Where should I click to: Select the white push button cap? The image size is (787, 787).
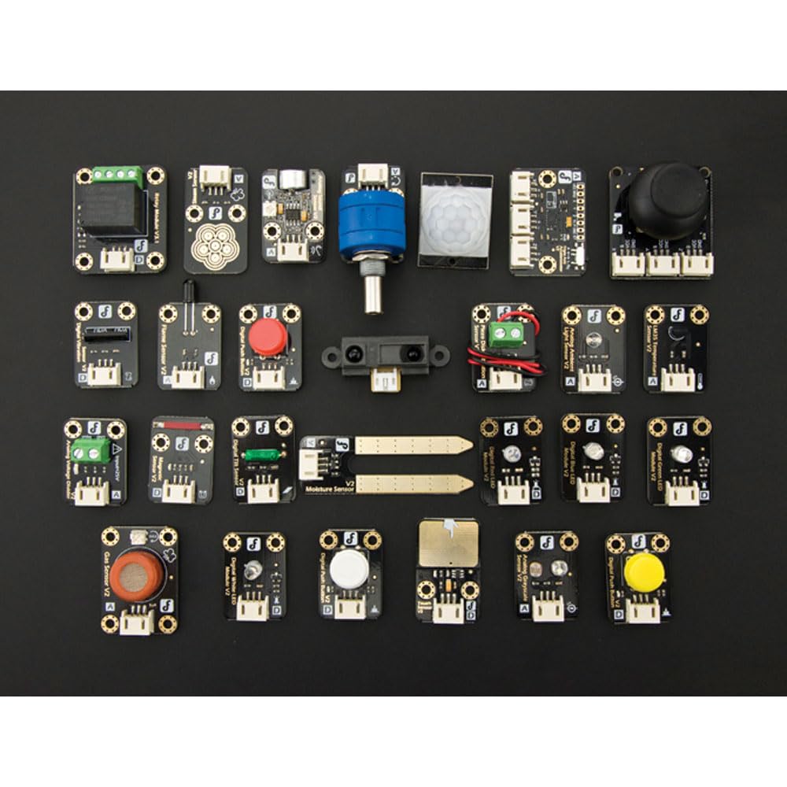tap(349, 567)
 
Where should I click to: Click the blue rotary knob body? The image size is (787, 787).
tap(371, 223)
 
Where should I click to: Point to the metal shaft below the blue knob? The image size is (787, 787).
tap(372, 291)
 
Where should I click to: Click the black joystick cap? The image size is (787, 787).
tap(667, 196)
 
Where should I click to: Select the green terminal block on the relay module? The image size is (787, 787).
tap(119, 176)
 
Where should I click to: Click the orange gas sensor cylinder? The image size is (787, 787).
tap(138, 575)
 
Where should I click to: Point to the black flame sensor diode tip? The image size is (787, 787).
tap(187, 287)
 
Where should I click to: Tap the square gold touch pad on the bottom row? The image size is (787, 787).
tap(447, 542)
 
